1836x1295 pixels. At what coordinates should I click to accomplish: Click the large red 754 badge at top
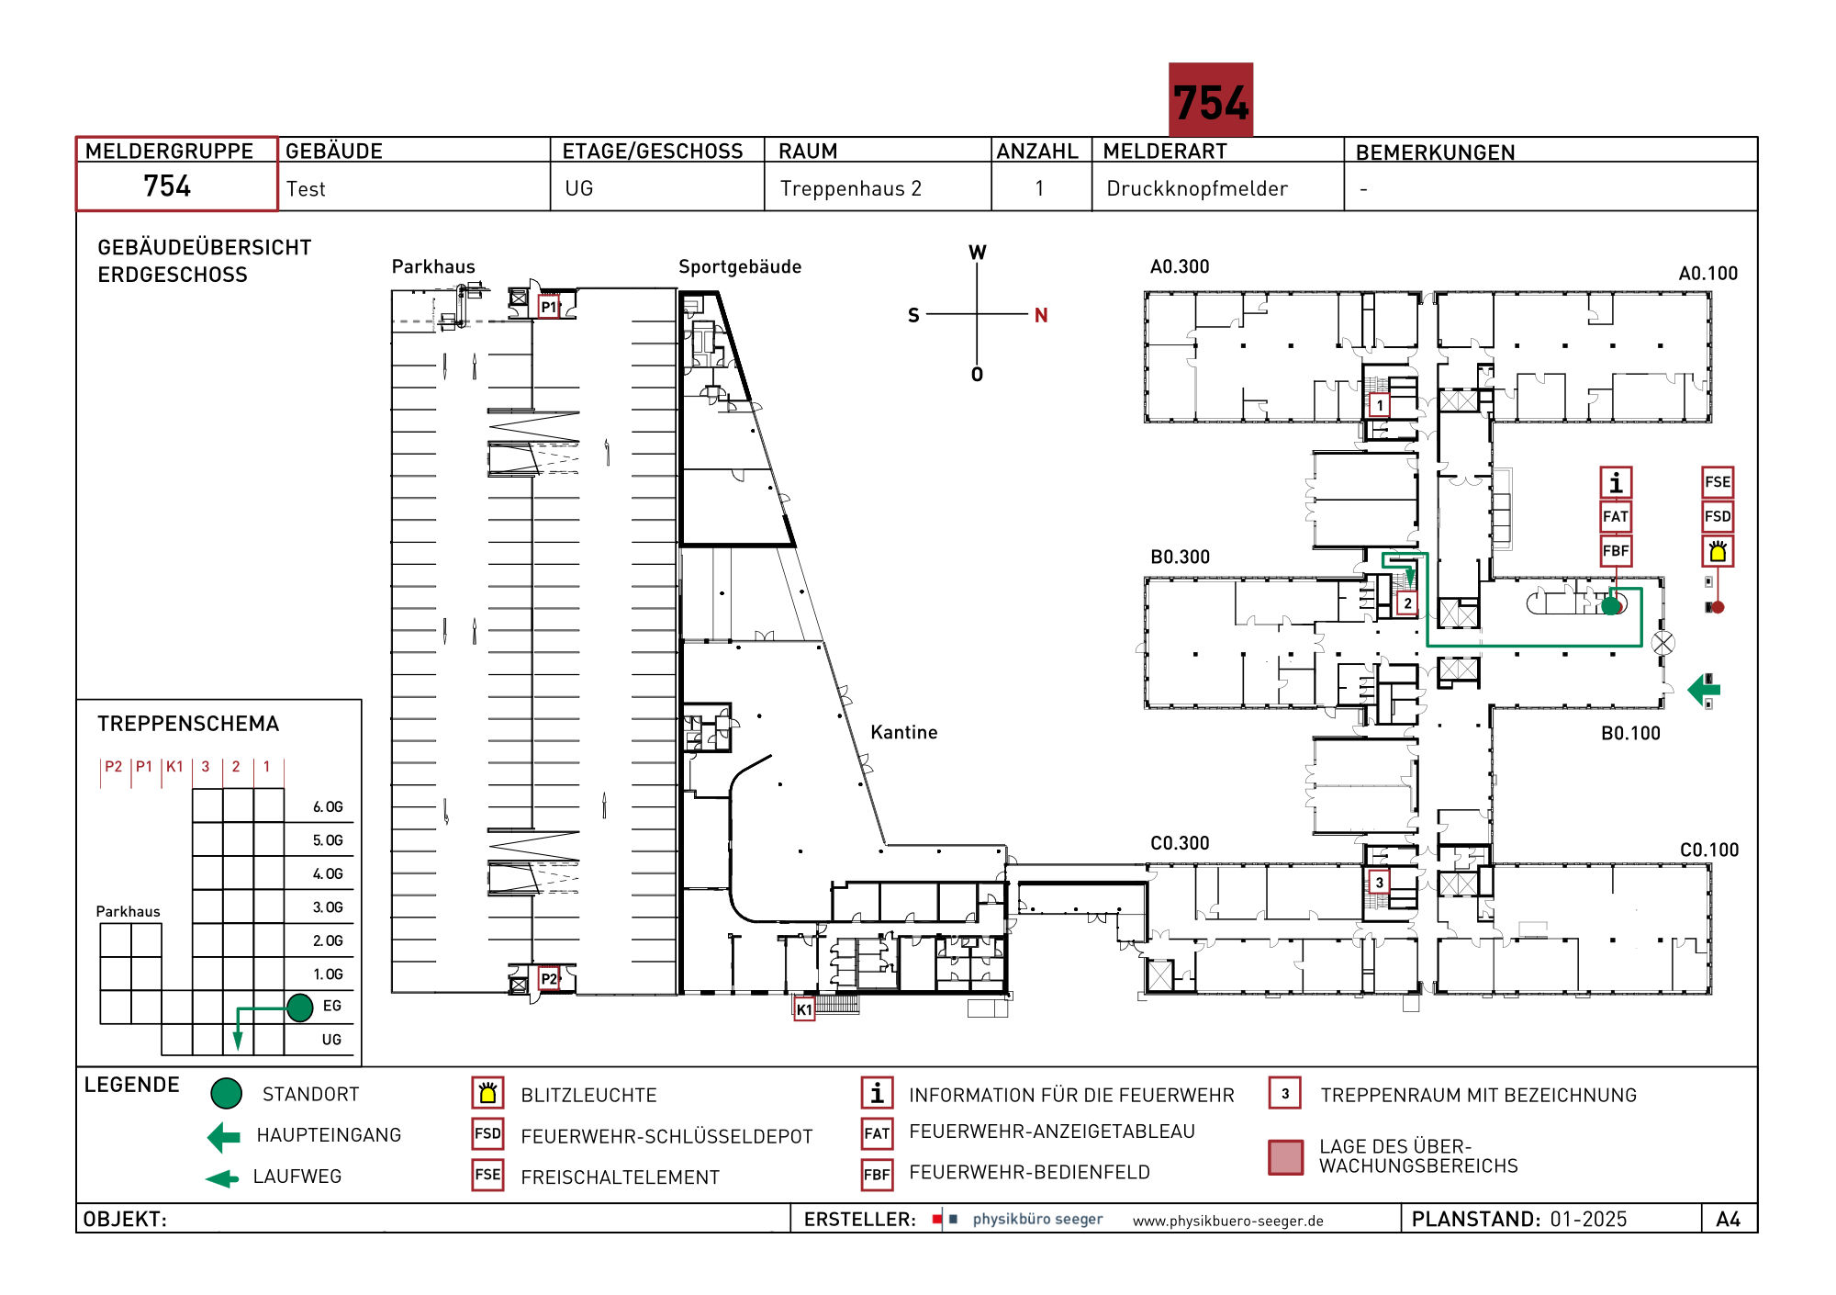tap(1210, 100)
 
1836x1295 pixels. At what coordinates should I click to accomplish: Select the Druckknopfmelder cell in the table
tap(1196, 188)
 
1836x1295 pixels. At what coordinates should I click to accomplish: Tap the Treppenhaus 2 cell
tap(850, 188)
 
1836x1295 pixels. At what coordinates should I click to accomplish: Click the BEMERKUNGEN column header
tap(1435, 152)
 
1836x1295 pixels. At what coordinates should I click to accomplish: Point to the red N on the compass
tap(1041, 315)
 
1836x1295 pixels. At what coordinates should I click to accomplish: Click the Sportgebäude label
tap(740, 266)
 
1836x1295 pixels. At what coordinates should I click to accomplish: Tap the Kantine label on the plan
tap(904, 732)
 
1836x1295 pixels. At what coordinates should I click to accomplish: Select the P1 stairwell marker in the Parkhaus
tap(549, 307)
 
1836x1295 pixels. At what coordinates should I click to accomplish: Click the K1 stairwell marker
tap(804, 1009)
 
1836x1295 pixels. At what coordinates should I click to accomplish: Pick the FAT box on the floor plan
tap(1616, 516)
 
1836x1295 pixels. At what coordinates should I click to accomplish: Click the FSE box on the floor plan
tap(1718, 482)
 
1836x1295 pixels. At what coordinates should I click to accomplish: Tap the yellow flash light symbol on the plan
tap(1718, 551)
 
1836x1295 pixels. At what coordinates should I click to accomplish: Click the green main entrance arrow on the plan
tap(1704, 689)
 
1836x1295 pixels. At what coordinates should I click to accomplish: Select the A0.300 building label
tap(1180, 266)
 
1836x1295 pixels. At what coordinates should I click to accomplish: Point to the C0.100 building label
tap(1709, 850)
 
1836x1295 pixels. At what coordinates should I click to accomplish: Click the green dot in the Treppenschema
tap(300, 1008)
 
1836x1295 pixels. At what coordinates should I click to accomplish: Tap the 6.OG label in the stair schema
tap(328, 806)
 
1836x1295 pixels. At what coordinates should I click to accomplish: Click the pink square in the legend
tap(1285, 1157)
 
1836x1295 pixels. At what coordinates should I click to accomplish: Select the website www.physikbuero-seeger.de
tap(1228, 1221)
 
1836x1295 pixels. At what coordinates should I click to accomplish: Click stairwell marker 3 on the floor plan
tap(1379, 883)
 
